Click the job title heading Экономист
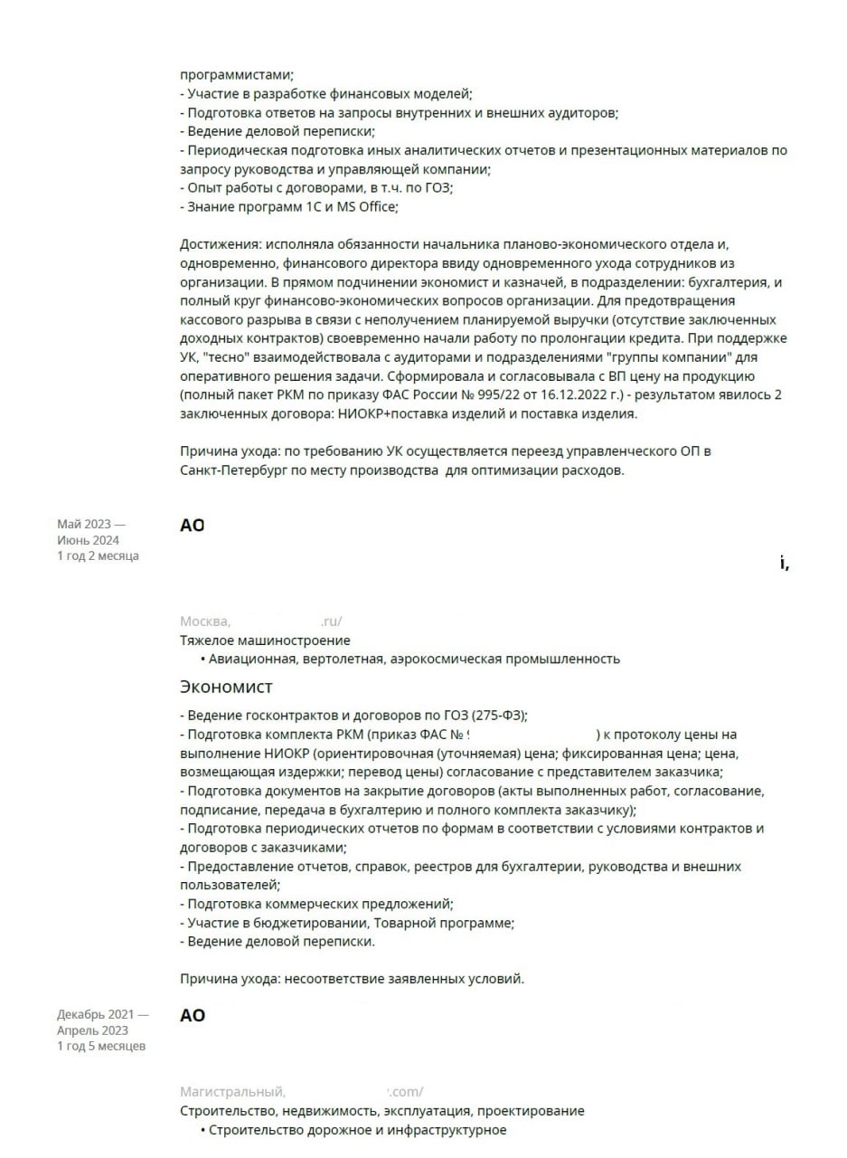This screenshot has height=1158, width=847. point(226,688)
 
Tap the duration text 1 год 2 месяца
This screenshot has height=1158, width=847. point(98,555)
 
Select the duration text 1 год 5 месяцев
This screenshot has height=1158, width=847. point(101,1046)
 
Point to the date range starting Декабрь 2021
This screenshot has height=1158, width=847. point(102,1022)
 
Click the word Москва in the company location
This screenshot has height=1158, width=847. point(204,622)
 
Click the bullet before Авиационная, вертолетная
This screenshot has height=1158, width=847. point(202,660)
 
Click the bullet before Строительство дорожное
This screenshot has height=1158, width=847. point(202,1131)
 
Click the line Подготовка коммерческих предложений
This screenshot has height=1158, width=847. point(316,904)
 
